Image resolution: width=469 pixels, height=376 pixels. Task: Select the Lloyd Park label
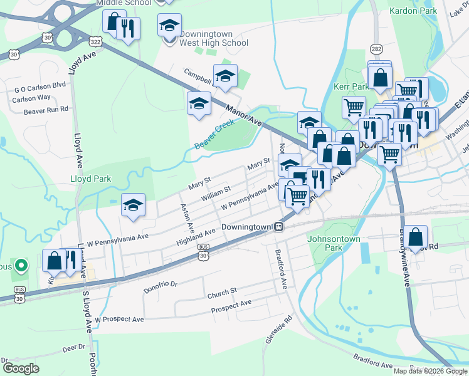[90, 179]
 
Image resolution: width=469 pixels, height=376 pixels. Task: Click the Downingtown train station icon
[283, 227]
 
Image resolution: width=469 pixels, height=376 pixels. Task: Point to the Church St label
[222, 291]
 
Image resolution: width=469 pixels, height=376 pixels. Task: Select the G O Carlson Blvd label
[40, 85]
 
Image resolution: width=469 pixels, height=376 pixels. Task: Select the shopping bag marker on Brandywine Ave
[415, 238]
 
